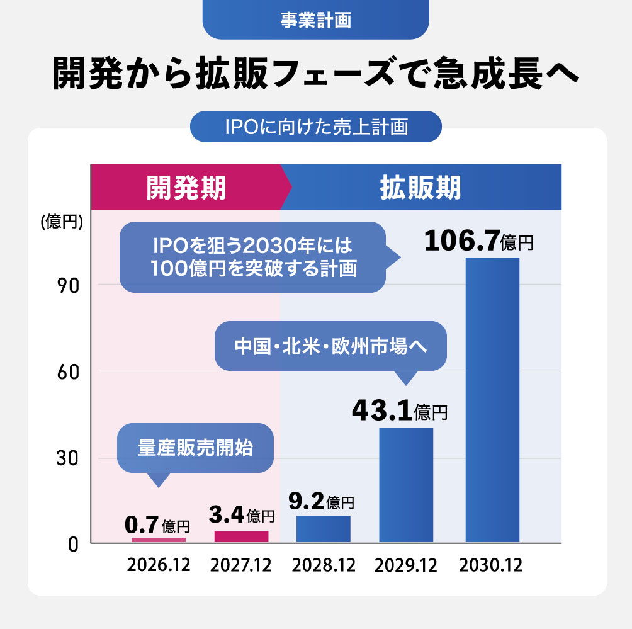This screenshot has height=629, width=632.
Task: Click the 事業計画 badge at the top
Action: tap(315, 20)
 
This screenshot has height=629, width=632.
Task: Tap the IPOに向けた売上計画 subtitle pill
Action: tap(316, 127)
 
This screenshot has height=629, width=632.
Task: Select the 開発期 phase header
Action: tap(186, 188)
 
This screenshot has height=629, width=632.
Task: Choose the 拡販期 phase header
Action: tap(420, 188)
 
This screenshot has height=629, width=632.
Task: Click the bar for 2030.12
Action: tap(492, 399)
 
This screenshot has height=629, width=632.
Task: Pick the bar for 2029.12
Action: tap(406, 485)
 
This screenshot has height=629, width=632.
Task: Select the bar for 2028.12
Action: tap(323, 529)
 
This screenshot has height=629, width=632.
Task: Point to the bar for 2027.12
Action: tap(241, 536)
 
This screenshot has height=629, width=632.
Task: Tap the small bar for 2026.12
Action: tap(159, 540)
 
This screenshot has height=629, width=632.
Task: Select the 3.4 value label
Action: tap(241, 516)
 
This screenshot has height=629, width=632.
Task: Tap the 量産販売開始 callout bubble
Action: tap(195, 448)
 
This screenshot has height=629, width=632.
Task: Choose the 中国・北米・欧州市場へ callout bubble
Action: tap(330, 346)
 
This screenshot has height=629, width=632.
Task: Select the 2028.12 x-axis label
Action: tap(323, 565)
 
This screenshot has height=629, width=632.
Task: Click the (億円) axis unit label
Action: tap(62, 222)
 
